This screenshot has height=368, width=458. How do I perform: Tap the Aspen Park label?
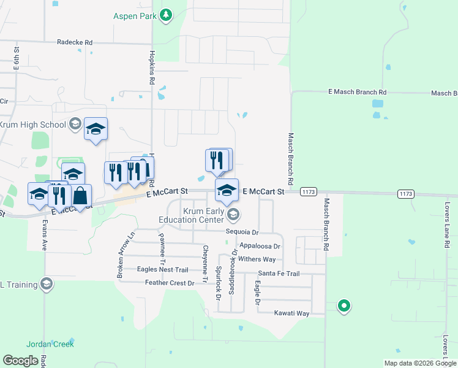click(135, 16)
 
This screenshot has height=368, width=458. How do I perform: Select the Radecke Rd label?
click(74, 42)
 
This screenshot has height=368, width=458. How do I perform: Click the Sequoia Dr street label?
click(242, 232)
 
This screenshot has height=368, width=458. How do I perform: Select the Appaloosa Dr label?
click(260, 246)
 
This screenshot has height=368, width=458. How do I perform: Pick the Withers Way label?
click(257, 259)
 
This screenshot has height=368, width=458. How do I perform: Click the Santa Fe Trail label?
click(279, 274)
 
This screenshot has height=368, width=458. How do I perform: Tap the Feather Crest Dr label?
click(170, 283)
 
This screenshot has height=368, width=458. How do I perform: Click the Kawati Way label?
click(292, 313)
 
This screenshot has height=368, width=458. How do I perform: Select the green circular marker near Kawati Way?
click(344, 305)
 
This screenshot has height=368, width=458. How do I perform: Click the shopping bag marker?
click(81, 196)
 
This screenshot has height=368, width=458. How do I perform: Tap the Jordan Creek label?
click(50, 344)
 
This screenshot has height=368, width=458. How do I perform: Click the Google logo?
click(20, 360)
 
